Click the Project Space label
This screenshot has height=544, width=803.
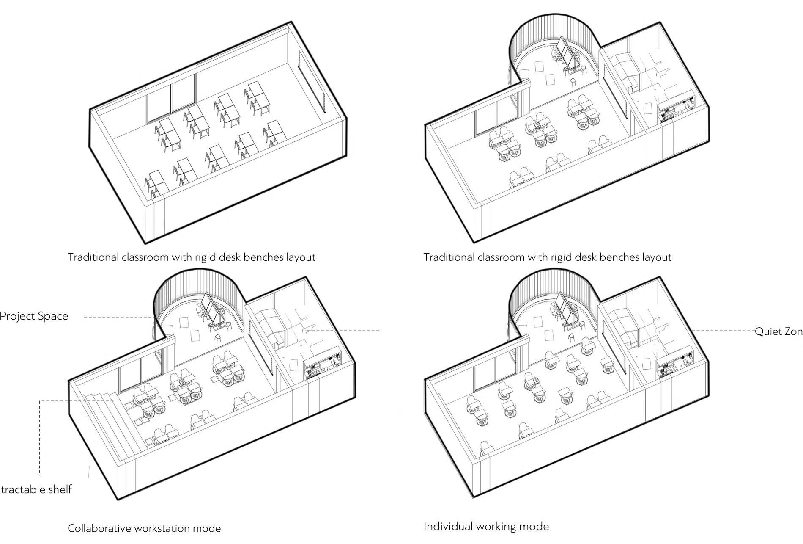click(34, 316)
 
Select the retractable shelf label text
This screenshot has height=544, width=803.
click(36, 489)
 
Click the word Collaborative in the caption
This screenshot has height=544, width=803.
click(99, 528)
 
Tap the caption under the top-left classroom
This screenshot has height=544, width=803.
click(192, 257)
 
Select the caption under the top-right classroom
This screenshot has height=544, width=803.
click(547, 257)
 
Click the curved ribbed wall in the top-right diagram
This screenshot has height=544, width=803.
click(550, 30)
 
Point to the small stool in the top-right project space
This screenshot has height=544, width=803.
click(573, 82)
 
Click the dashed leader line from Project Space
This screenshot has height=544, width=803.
click(116, 318)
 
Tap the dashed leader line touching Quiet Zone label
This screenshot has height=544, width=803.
click(723, 331)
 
